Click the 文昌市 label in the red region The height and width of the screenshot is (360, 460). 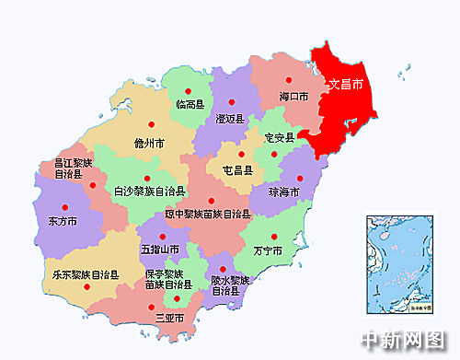[345, 85]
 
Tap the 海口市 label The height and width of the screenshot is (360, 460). [293, 96]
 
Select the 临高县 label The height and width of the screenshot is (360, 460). [190, 104]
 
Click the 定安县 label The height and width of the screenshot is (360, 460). [278, 137]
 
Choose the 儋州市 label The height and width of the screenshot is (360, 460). [149, 144]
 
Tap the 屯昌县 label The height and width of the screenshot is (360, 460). [237, 169]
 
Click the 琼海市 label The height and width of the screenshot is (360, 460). [283, 192]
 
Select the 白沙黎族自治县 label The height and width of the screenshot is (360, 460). [149, 192]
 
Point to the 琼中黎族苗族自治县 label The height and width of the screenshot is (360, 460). [208, 214]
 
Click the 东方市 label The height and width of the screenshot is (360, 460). [62, 221]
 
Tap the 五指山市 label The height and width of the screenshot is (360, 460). [158, 250]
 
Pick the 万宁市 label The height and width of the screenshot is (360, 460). [267, 250]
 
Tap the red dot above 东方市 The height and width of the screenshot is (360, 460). [63, 206]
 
